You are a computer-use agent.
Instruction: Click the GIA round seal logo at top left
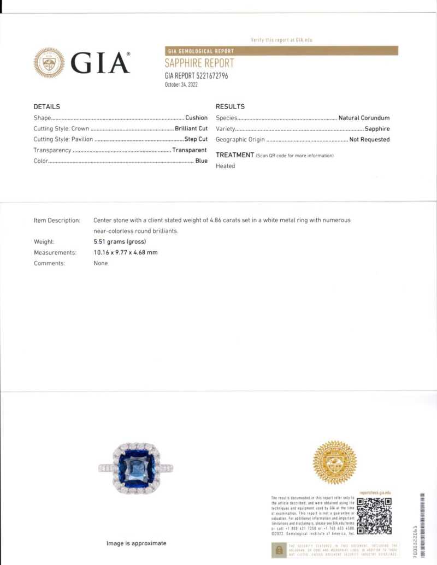tap(49, 63)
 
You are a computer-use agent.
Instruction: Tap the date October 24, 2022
tap(181, 85)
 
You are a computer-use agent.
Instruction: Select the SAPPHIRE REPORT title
tap(199, 63)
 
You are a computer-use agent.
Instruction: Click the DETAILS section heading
tap(47, 106)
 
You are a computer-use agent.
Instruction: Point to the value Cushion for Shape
tap(196, 118)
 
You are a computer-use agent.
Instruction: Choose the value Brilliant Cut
tap(191, 129)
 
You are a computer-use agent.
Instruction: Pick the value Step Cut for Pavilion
tap(196, 139)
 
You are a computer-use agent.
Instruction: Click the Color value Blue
tap(202, 161)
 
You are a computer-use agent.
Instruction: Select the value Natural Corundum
tap(364, 118)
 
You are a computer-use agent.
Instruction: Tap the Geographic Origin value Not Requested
tap(369, 140)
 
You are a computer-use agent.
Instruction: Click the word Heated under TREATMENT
tap(225, 166)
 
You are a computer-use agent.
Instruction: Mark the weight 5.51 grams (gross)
tap(120, 242)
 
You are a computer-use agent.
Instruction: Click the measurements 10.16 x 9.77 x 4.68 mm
tap(126, 253)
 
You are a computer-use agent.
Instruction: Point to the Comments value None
tap(101, 263)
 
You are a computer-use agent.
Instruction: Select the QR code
tap(374, 516)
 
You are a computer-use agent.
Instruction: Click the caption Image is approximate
tap(136, 543)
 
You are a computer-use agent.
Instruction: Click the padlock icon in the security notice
tap(279, 550)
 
